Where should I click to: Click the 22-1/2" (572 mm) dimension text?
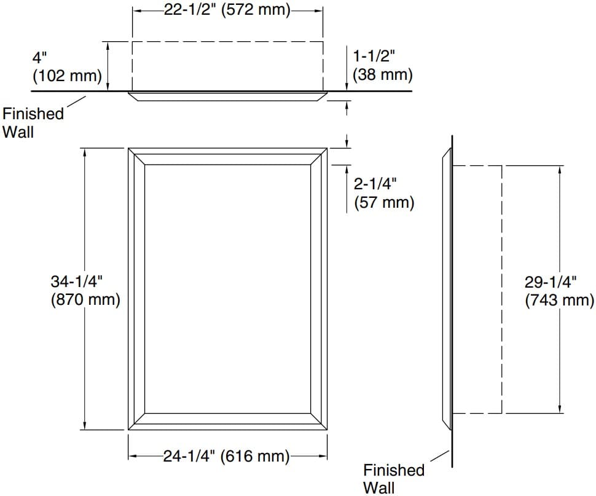[227, 11]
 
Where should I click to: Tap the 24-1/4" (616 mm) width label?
[226, 456]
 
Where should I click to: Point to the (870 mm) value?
[85, 301]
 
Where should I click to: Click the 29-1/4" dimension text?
[551, 282]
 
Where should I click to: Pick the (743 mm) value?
[560, 301]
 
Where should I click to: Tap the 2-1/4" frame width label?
[375, 183]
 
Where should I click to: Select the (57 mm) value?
[384, 202]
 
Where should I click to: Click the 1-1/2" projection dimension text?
[374, 55]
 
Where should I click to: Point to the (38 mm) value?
[382, 74]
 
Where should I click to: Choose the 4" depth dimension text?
[40, 57]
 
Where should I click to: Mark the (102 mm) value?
[67, 76]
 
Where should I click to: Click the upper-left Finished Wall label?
[33, 122]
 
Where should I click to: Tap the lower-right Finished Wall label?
[393, 479]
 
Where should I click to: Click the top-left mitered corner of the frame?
[136, 156]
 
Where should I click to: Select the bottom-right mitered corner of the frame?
[319, 420]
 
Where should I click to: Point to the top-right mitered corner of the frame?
[319, 156]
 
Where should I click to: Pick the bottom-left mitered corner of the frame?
[136, 420]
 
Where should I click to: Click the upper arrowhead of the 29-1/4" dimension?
[560, 170]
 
